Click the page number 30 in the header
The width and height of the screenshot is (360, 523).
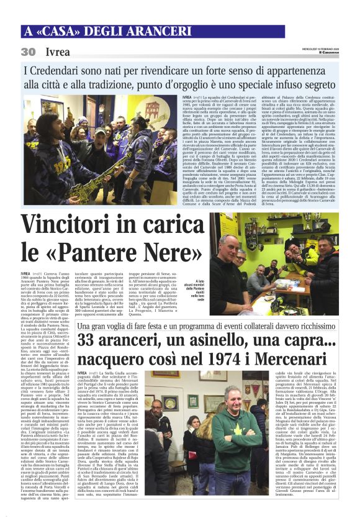click(28, 52)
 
